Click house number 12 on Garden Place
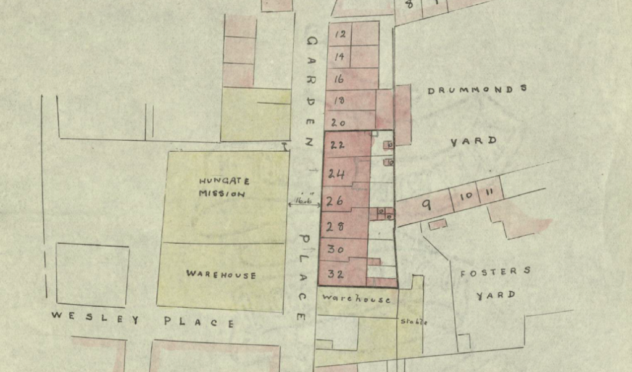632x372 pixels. [339, 35]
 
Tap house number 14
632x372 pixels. [339, 57]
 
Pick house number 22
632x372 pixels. [337, 146]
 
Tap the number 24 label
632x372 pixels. [336, 174]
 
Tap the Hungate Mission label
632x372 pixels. [223, 187]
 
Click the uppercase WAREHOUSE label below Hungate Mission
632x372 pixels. [221, 275]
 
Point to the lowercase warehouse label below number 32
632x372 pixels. [356, 299]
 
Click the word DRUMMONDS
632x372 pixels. [478, 89]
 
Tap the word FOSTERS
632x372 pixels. [494, 271]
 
